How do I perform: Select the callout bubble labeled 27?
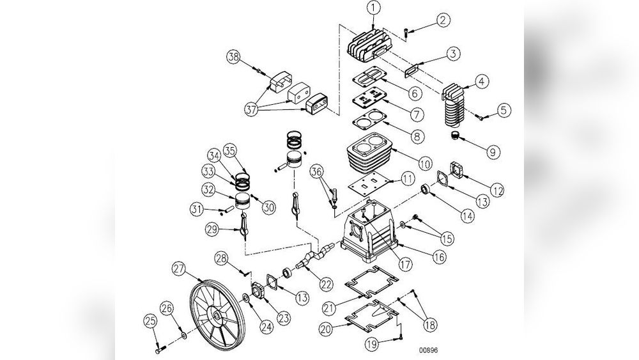(180, 269)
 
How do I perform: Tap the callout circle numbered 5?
(504, 110)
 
